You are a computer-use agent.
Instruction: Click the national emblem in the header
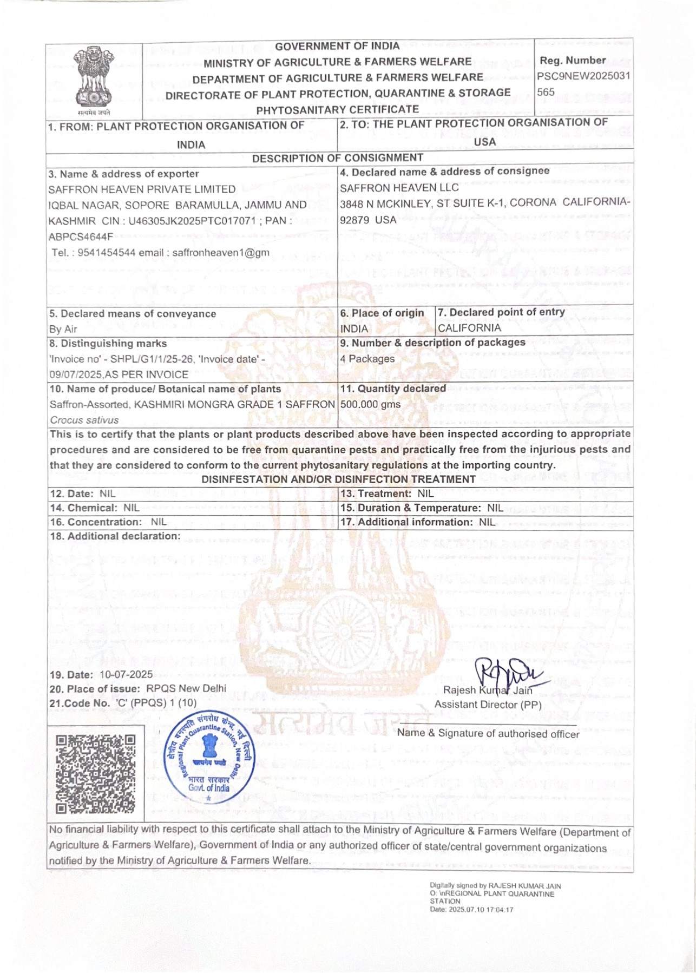(x=93, y=79)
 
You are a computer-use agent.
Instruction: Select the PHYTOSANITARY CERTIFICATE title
(x=337, y=109)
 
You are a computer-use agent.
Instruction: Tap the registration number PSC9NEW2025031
(x=583, y=76)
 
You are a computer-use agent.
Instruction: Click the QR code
(x=96, y=773)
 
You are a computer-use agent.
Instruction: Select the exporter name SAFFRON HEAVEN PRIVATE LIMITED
(x=142, y=189)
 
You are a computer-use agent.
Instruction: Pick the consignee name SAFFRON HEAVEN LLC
(x=399, y=188)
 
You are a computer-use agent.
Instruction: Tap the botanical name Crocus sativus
(x=84, y=420)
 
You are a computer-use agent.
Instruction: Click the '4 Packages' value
(x=367, y=359)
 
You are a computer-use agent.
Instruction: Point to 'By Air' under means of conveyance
(x=63, y=329)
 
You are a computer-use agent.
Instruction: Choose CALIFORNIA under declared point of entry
(x=469, y=327)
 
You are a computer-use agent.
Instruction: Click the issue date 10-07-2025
(x=126, y=675)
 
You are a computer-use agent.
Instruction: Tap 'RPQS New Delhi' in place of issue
(x=186, y=688)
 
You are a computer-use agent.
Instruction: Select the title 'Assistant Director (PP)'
(x=488, y=705)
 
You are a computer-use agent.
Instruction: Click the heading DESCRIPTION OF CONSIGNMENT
(x=337, y=157)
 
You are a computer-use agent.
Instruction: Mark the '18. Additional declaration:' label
(x=115, y=536)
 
